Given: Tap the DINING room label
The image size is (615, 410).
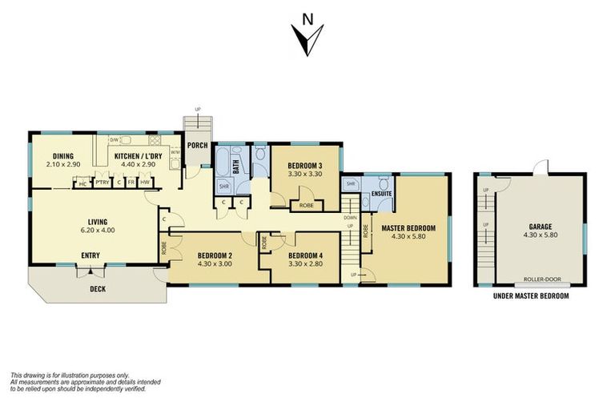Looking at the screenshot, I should (63, 156).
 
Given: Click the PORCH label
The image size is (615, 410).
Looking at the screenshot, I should (197, 146).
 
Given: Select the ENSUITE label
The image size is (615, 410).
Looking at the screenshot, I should (381, 194).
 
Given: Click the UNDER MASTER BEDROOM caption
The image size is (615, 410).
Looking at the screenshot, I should (532, 296).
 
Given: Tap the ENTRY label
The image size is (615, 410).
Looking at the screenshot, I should (90, 256).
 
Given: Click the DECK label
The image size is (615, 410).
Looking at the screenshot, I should (97, 289).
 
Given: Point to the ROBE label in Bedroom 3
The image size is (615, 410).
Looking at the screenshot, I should (307, 205).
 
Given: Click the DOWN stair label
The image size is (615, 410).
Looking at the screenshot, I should (350, 217).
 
